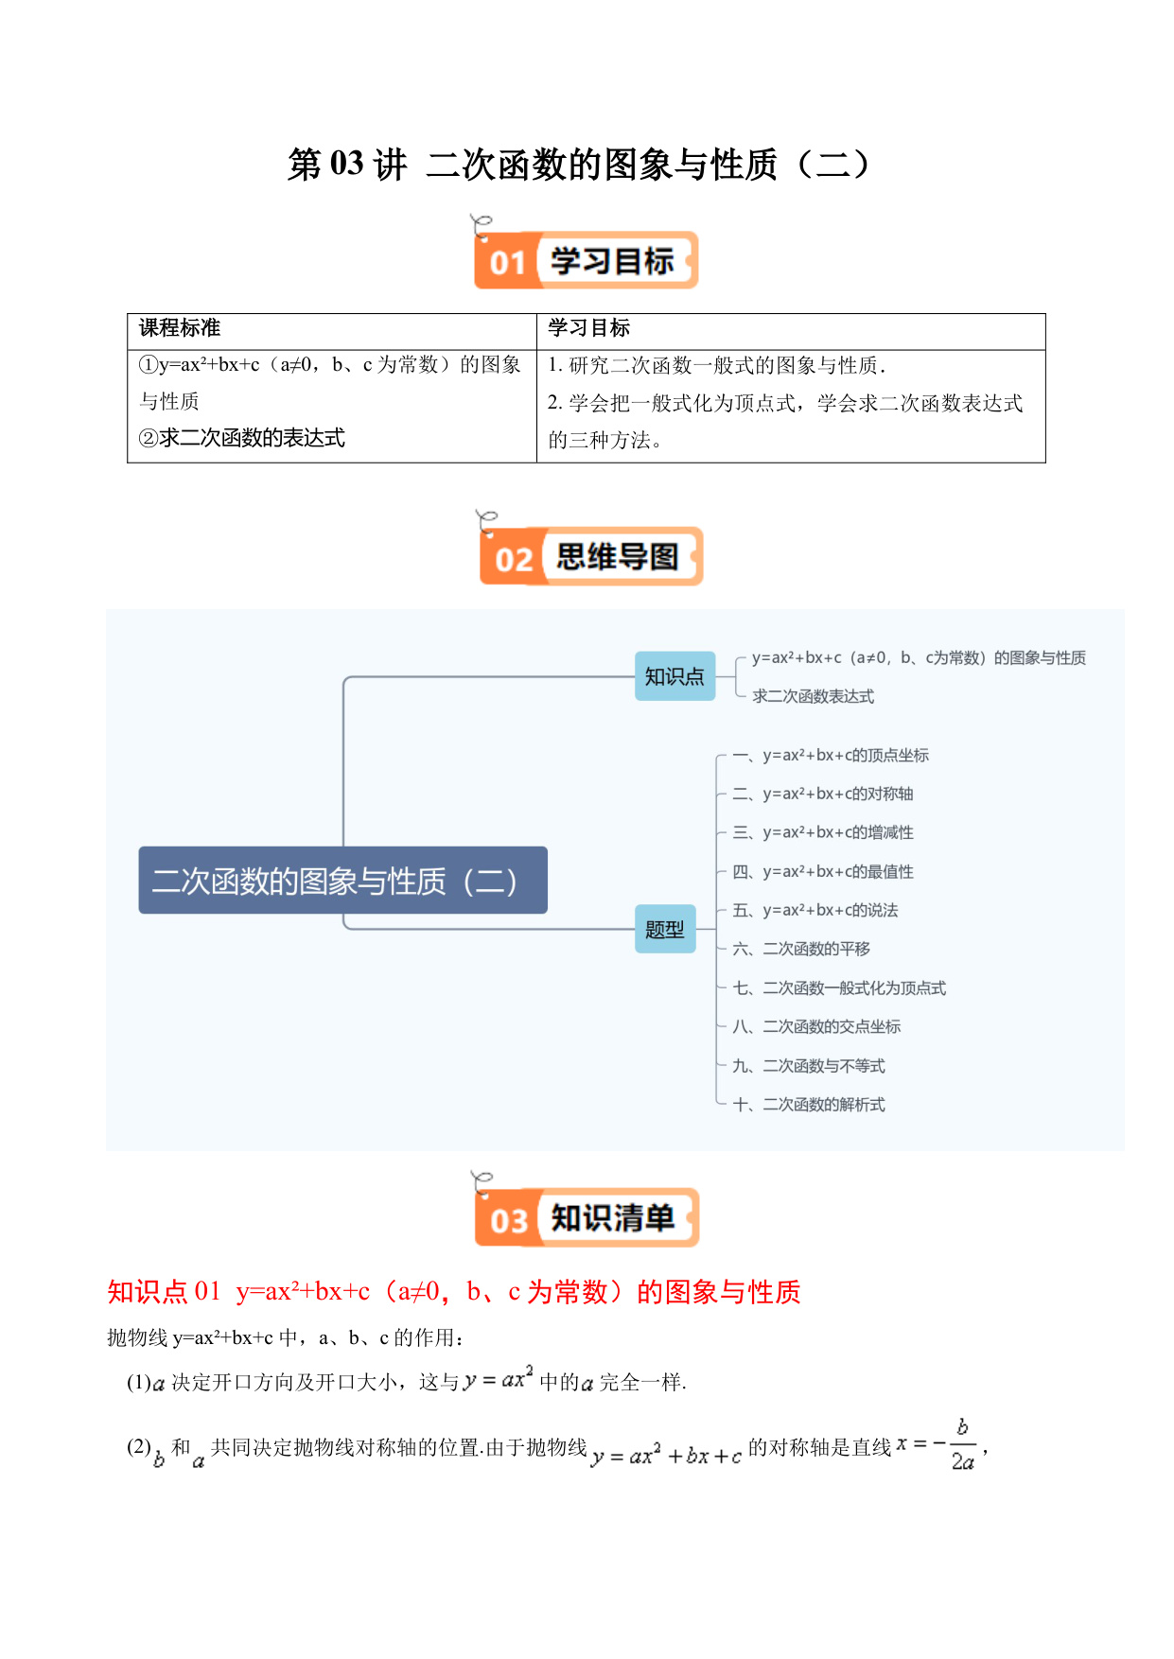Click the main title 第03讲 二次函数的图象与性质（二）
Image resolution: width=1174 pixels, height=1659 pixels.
click(579, 165)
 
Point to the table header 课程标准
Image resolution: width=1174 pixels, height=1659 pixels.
click(180, 328)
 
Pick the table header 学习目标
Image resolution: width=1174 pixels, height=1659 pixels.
click(588, 328)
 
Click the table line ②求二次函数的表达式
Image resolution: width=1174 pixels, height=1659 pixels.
click(242, 438)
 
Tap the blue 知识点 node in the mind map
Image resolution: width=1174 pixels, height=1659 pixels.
click(675, 676)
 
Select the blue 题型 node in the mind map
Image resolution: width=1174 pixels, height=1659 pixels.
click(665, 929)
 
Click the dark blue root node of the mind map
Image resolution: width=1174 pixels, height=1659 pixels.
click(343, 881)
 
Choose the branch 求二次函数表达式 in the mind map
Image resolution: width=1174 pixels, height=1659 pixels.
click(814, 696)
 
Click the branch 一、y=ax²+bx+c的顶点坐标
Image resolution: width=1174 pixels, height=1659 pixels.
click(831, 755)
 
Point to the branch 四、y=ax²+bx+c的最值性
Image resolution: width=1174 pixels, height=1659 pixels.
click(823, 871)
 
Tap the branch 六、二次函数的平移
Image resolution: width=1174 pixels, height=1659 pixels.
click(801, 949)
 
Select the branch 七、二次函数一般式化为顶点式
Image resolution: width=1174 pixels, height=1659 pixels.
click(839, 987)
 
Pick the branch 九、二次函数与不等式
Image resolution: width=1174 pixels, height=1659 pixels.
click(809, 1066)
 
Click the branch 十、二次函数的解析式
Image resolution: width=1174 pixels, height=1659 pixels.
click(809, 1104)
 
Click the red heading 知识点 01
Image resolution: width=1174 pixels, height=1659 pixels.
click(164, 1292)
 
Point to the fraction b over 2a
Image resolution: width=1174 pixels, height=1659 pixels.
click(963, 1445)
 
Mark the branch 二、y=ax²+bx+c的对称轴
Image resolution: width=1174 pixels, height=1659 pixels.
click(823, 794)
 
